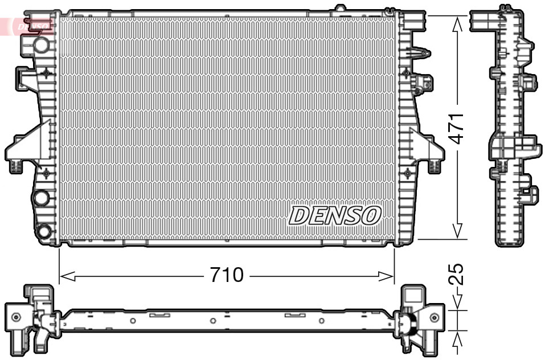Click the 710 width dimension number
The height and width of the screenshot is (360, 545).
tap(227, 276)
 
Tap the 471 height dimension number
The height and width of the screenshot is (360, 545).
tap(457, 128)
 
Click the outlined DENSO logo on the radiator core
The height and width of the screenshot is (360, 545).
tap(335, 215)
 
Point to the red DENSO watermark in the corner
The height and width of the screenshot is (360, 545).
tap(28, 26)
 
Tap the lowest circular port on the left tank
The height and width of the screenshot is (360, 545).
tap(43, 232)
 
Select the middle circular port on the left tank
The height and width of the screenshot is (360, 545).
tap(41, 198)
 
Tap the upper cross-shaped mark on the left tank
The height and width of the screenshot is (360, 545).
tap(46, 73)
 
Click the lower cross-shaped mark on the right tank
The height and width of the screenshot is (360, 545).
tap(406, 171)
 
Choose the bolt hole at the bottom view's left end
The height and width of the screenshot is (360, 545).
tap(16, 317)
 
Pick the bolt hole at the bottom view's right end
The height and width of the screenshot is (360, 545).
tap(435, 317)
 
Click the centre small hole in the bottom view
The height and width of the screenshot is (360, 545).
tap(212, 321)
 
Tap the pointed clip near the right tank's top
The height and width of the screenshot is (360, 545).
tap(420, 52)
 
